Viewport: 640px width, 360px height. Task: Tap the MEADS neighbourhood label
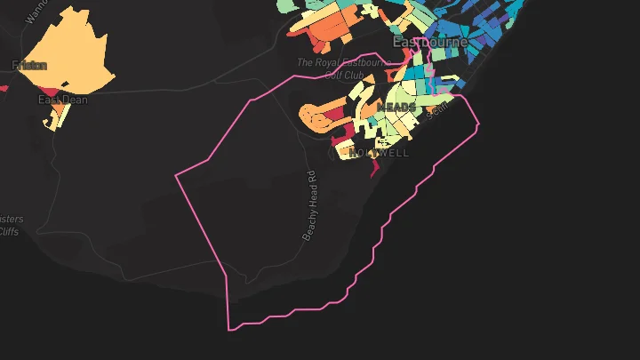click(x=396, y=107)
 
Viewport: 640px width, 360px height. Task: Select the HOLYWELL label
click(x=380, y=153)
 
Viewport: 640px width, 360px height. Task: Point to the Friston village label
click(x=29, y=65)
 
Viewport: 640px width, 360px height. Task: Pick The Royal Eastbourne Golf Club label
click(x=343, y=68)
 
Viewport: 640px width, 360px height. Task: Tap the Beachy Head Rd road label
click(x=310, y=205)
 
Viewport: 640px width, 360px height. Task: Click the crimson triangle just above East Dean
click(x=52, y=91)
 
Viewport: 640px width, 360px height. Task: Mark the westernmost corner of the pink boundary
click(x=176, y=175)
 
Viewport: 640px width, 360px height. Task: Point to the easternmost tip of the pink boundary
click(x=478, y=124)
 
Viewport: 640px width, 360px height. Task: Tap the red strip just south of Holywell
click(x=374, y=165)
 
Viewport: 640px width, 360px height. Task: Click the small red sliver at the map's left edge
click(x=3, y=88)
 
